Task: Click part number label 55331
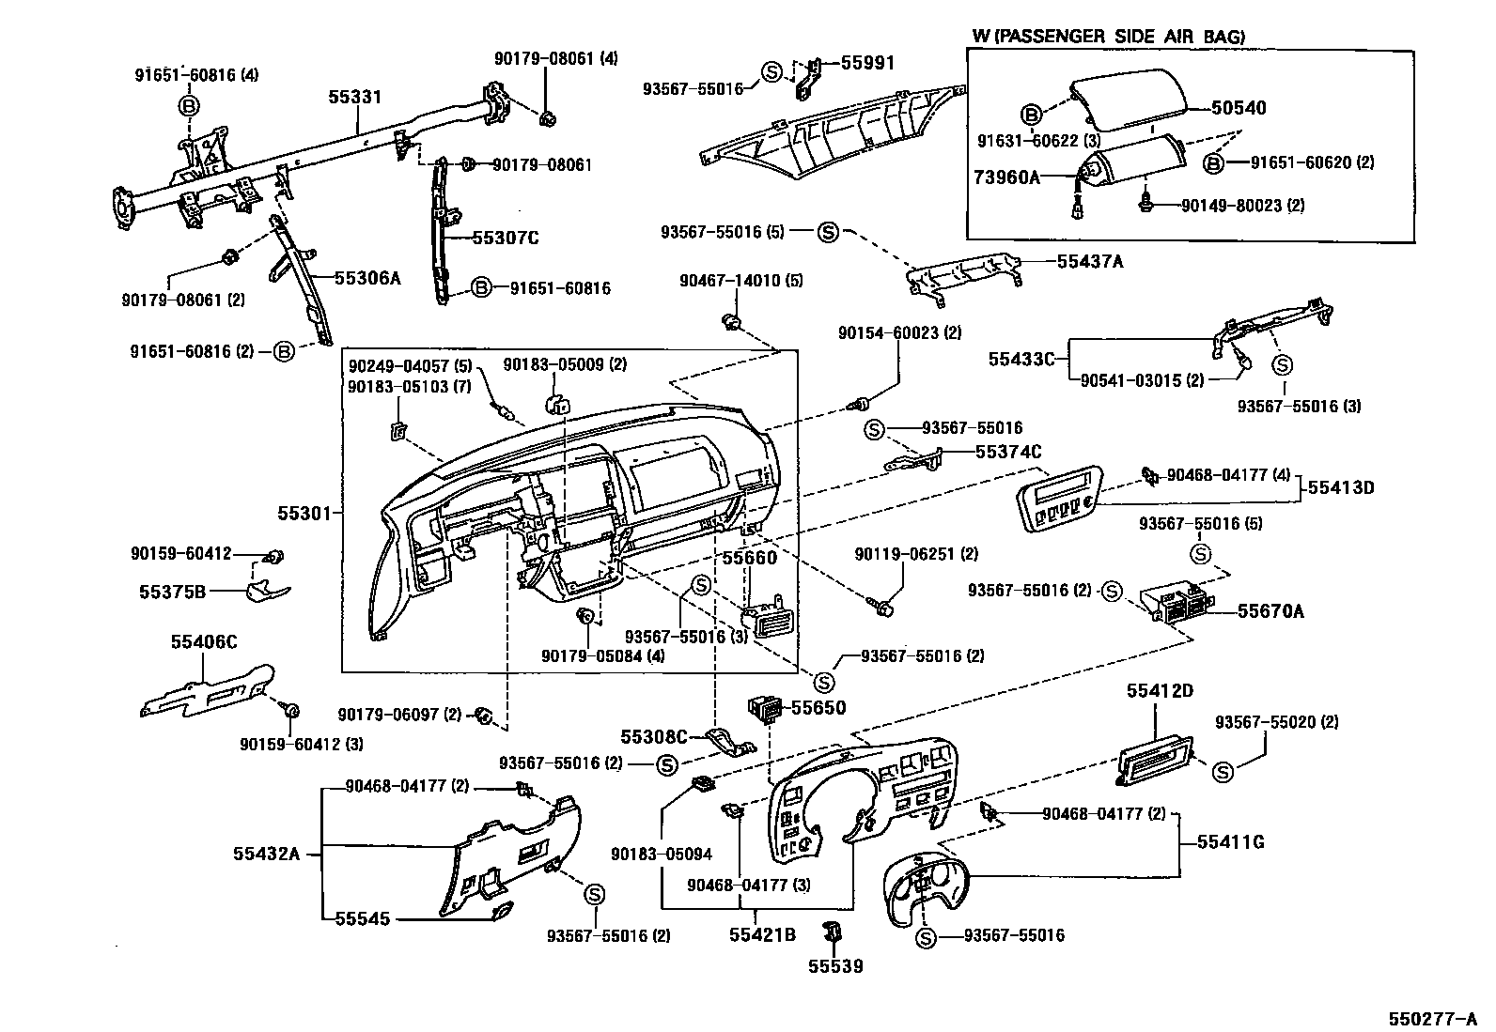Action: [x=354, y=97]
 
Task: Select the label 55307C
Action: [x=505, y=238]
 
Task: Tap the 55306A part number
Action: [x=367, y=278]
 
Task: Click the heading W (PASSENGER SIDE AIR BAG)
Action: [x=1108, y=37]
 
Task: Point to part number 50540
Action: [x=1238, y=108]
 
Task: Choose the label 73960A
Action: [x=1006, y=177]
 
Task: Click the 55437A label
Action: [x=1090, y=262]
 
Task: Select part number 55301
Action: [x=304, y=514]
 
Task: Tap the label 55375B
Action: [x=172, y=592]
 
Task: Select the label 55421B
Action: [x=762, y=934]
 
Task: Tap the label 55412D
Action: [x=1160, y=691]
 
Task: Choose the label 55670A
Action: [x=1270, y=611]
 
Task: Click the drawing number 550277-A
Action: [x=1434, y=1018]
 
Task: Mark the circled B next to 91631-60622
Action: [x=1030, y=116]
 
